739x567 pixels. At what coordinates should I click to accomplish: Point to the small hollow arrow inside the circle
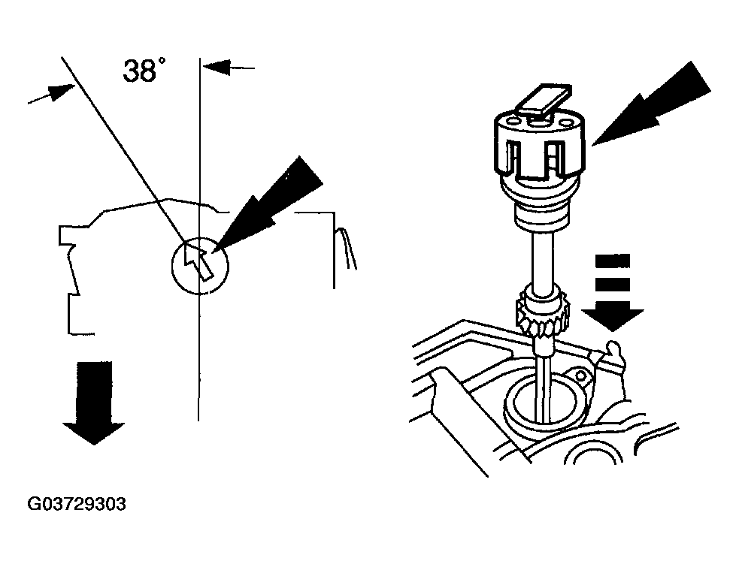coord(197,261)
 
